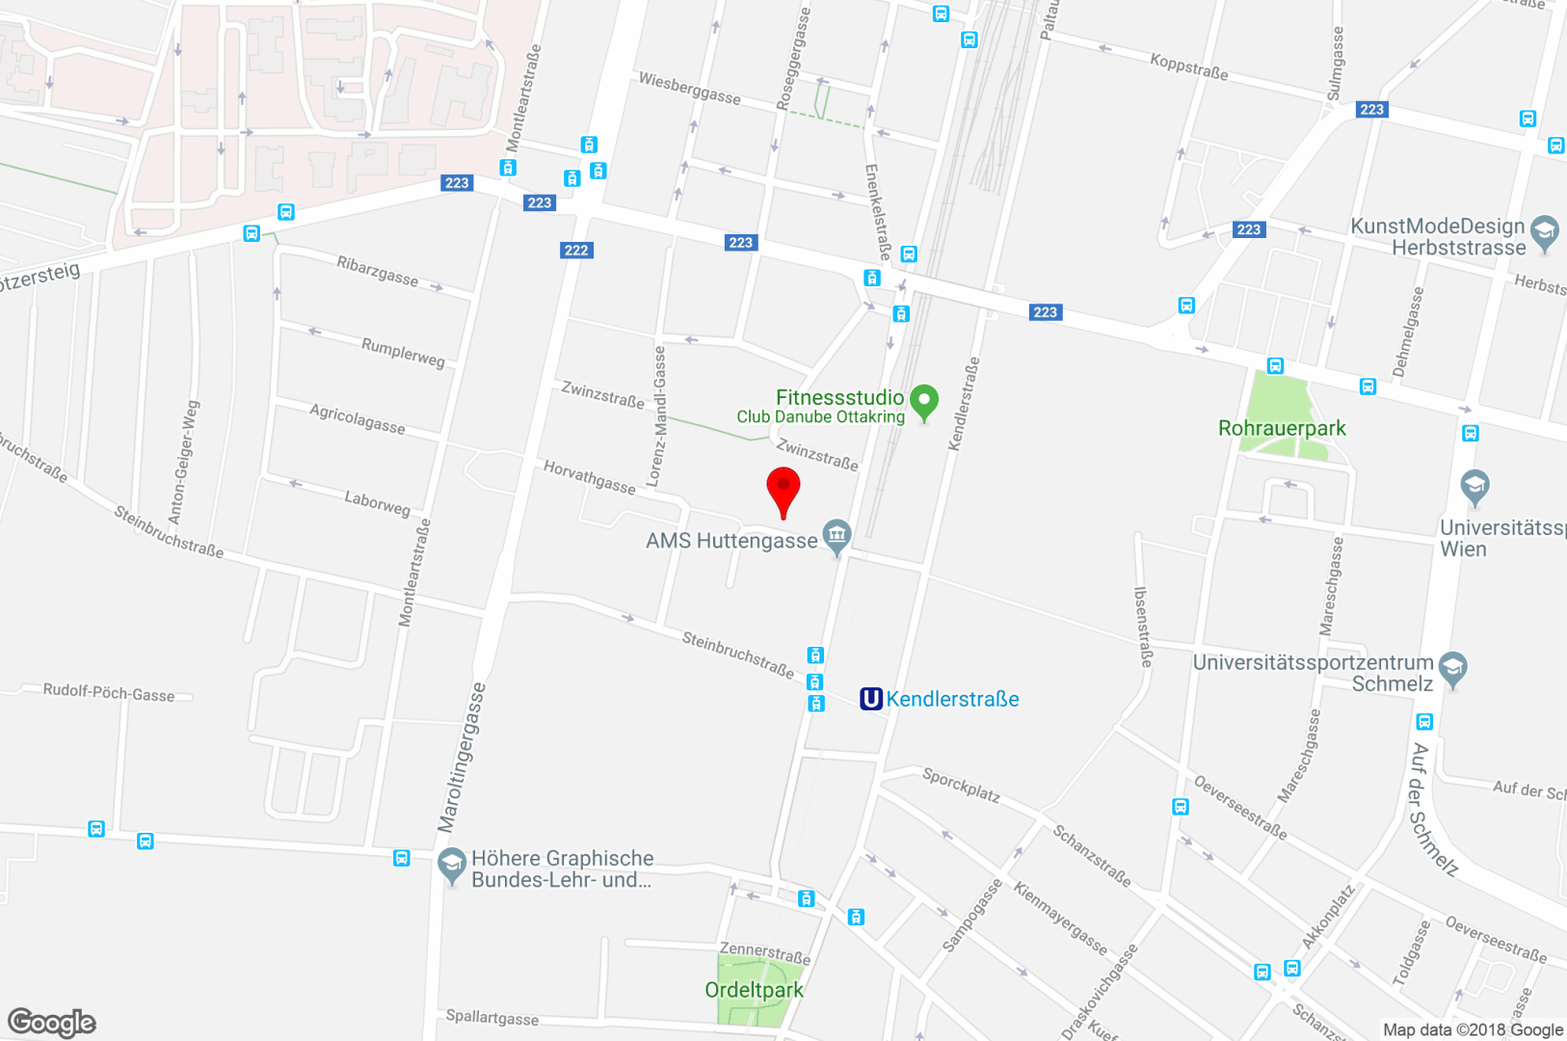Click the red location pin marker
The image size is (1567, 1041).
pyautogui.click(x=783, y=490)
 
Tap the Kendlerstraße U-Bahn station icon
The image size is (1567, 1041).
pyautogui.click(x=871, y=699)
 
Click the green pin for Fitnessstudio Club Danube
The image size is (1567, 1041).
pyautogui.click(x=924, y=401)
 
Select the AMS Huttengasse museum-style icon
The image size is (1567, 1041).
pyautogui.click(x=837, y=535)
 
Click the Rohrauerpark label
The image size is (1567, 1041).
pyautogui.click(x=1282, y=428)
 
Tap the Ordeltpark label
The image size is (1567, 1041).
pyautogui.click(x=754, y=990)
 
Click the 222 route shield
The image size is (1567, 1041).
pyautogui.click(x=576, y=251)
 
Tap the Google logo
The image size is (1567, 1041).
pyautogui.click(x=52, y=1022)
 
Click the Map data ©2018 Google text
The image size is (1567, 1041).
pyautogui.click(x=1473, y=1029)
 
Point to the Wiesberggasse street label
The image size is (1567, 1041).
pyautogui.click(x=690, y=90)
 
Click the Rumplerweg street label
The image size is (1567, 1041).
pyautogui.click(x=403, y=353)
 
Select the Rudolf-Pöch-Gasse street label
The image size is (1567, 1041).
pyautogui.click(x=109, y=693)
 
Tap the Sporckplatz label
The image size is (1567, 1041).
pyautogui.click(x=961, y=785)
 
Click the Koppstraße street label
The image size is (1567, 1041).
pyautogui.click(x=1189, y=67)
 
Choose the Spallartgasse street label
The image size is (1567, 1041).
pyautogui.click(x=492, y=1017)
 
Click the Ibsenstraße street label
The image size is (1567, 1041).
pyautogui.click(x=1143, y=627)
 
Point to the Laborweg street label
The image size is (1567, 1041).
pyautogui.click(x=377, y=502)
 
